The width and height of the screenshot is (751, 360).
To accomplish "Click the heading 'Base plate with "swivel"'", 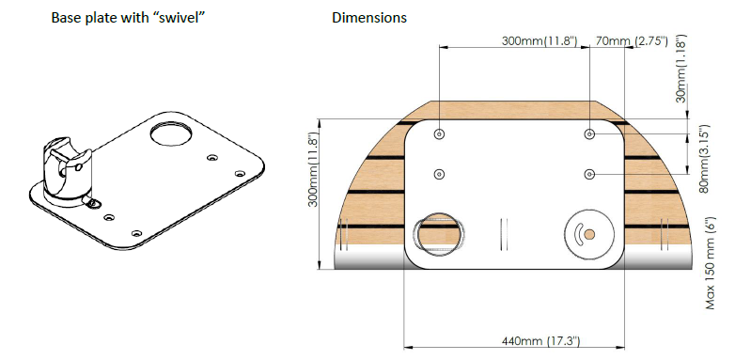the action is pos(129,18).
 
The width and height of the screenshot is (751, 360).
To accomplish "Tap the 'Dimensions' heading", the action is pos(369,18).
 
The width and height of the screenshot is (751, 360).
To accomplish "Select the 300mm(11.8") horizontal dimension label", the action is pos(539,40).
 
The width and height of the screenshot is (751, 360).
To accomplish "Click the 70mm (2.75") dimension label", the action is pos(632,40).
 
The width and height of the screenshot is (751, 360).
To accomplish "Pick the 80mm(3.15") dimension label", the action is pos(703,159).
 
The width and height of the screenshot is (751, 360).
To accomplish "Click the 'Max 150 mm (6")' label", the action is pos(711,263).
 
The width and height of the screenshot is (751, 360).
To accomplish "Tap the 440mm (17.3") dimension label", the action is pos(540,341).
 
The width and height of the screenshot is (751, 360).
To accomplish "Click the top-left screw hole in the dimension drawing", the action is pos(439,134).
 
